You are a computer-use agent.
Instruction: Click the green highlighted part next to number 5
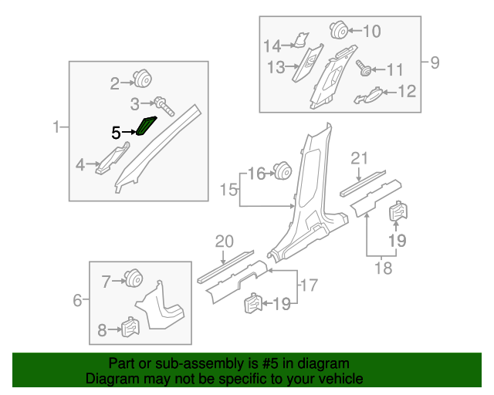click(x=146, y=125)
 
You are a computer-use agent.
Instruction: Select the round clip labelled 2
click(x=142, y=78)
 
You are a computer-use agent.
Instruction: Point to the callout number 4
click(x=80, y=164)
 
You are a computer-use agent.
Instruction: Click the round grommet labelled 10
click(x=338, y=30)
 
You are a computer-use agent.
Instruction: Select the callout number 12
click(x=407, y=92)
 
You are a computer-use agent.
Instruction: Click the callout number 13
click(x=276, y=68)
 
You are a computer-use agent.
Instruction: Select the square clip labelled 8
click(x=130, y=329)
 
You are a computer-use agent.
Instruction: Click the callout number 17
click(x=309, y=285)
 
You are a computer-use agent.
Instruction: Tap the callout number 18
click(x=383, y=268)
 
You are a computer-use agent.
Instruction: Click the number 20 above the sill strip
click(x=224, y=241)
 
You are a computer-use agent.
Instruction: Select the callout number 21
click(x=358, y=159)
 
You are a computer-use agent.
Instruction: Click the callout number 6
click(x=77, y=300)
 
